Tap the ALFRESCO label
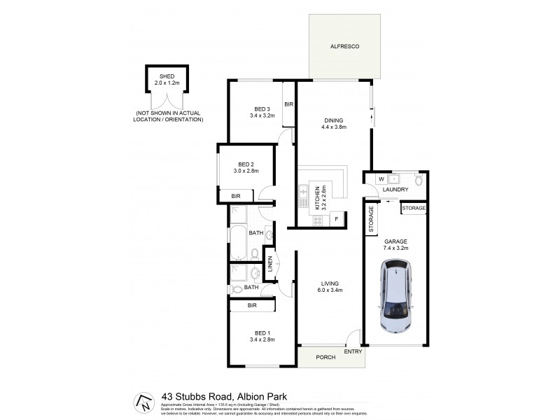click(345, 47)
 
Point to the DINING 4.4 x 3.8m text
click(334, 123)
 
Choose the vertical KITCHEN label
click(319, 198)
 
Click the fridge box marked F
click(337, 220)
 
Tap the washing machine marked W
click(381, 178)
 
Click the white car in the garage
click(395, 296)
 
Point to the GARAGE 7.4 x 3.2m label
click(395, 244)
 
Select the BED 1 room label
click(262, 335)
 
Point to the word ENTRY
click(353, 352)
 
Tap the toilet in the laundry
click(417, 180)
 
